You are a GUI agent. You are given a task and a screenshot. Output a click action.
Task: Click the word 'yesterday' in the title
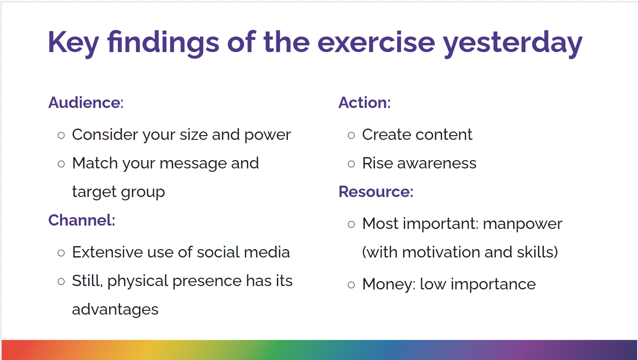point(513,43)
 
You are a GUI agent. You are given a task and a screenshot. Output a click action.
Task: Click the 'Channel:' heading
point(82,220)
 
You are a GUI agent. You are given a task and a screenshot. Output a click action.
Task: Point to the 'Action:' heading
point(364,102)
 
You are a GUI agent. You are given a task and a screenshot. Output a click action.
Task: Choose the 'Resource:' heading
point(376,192)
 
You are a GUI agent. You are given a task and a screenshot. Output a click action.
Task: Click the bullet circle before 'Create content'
point(351,135)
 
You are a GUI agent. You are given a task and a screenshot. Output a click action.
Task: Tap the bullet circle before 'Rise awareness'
point(351,164)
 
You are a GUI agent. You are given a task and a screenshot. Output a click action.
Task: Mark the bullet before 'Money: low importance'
point(351,285)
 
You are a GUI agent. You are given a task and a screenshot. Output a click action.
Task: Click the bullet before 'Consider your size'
point(61,135)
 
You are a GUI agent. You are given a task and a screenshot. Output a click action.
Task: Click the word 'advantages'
point(115,310)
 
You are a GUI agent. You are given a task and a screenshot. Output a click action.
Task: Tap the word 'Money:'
point(389,284)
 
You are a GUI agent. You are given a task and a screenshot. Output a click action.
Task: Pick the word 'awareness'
point(437,164)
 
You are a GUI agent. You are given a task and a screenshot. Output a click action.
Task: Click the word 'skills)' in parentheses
point(538,252)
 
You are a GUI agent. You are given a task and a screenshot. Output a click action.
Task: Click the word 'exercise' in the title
point(376,43)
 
